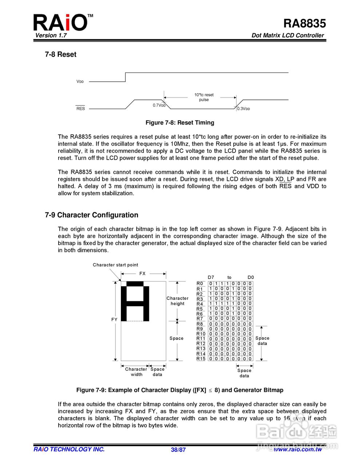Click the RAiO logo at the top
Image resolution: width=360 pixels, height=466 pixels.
61,23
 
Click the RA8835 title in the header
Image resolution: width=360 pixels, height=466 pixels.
304,23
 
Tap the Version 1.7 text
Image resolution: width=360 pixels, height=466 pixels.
51,35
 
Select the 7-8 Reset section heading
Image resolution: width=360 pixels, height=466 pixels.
60,54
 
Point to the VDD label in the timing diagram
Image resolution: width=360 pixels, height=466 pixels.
80,82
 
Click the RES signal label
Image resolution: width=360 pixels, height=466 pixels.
80,108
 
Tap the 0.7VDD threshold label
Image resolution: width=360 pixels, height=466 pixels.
159,106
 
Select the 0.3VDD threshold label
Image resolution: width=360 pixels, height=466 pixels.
244,109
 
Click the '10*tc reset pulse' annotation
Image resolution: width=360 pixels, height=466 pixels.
204,97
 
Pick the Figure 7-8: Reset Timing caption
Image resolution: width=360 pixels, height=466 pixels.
180,123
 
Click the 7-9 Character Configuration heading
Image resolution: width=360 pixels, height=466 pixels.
91,215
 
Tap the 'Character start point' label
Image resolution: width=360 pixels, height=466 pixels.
115,265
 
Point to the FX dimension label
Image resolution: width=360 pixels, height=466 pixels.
142,274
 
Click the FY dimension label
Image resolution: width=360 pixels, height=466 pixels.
114,320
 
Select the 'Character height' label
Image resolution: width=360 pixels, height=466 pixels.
178,301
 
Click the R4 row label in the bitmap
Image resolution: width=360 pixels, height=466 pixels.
200,304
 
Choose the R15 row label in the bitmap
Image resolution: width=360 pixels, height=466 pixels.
201,359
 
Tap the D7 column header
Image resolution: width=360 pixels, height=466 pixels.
211,277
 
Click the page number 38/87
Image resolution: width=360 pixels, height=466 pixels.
178,450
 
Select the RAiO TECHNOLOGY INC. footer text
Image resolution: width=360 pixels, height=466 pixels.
69,449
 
